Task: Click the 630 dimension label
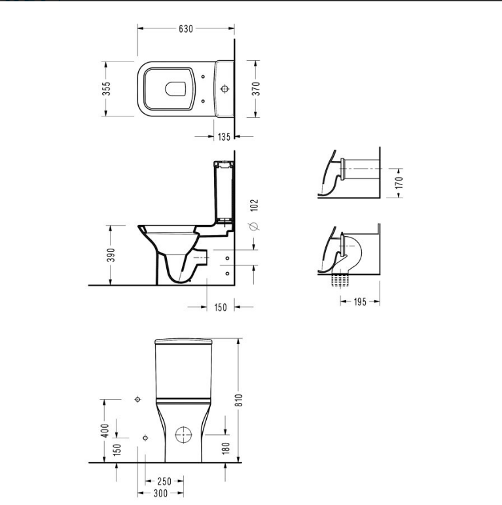(186, 29)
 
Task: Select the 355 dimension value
(106, 88)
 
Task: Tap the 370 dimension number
(256, 88)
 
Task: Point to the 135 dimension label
(224, 137)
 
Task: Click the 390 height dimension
(111, 255)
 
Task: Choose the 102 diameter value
(255, 205)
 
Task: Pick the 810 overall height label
(239, 400)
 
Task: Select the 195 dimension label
(360, 302)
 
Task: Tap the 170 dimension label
(399, 183)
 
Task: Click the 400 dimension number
(105, 430)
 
